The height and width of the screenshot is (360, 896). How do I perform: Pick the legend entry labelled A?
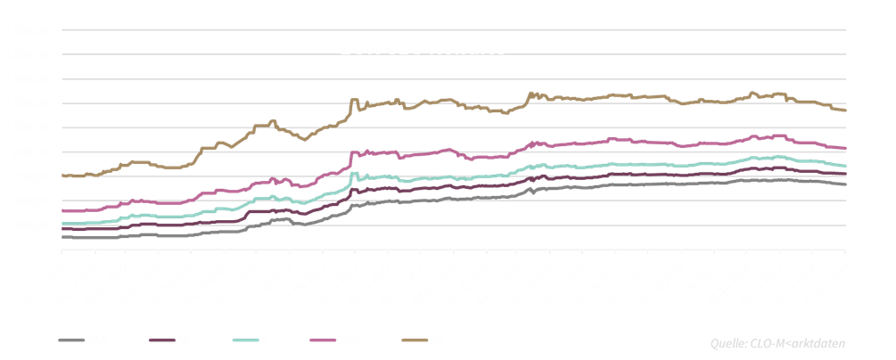tap(262, 340)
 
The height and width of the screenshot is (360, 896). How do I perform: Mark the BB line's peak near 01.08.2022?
tap(273, 120)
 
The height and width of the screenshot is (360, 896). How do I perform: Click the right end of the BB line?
tap(845, 110)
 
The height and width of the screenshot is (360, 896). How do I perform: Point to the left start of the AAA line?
tap(62, 237)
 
